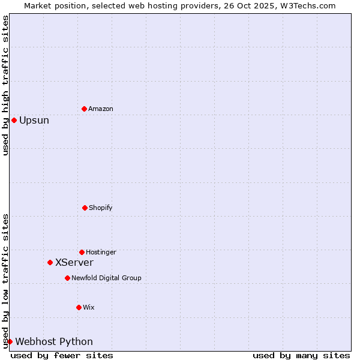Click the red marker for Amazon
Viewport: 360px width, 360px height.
(84, 109)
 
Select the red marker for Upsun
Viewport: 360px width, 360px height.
(14, 120)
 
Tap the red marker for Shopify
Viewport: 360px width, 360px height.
(85, 208)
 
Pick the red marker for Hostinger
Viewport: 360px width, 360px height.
(82, 252)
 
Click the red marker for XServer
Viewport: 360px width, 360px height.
(50, 262)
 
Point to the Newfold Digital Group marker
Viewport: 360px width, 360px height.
(67, 278)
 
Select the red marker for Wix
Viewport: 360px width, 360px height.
(79, 307)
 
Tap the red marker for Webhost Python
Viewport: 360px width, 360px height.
(10, 341)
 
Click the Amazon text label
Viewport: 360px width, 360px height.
(101, 109)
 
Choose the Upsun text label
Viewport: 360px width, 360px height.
(34, 120)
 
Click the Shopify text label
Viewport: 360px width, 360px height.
(101, 208)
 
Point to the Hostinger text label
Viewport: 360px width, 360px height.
(101, 252)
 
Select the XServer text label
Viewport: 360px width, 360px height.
(74, 262)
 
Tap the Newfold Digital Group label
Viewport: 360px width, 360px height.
(106, 278)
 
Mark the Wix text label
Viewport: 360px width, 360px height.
(89, 307)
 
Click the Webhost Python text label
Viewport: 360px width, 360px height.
(54, 341)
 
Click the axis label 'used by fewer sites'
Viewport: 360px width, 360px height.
(62, 355)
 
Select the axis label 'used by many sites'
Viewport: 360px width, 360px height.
(301, 355)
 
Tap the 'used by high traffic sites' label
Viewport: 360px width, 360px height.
(5, 85)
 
